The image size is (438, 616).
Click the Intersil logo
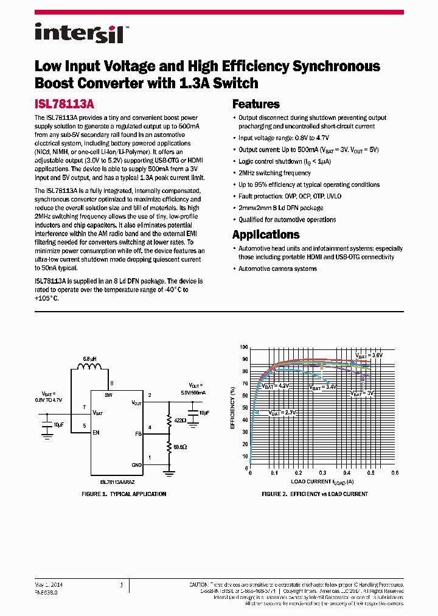[x=79, y=32]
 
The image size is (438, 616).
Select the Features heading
[x=255, y=104]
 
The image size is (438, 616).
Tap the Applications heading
[x=266, y=234]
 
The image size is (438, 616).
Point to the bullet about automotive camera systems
[x=277, y=268]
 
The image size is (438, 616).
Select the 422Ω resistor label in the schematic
[x=181, y=420]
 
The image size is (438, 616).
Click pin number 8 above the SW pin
[x=111, y=383]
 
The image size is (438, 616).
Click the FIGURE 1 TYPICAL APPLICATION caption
[x=123, y=494]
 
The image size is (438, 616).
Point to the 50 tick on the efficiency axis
[x=244, y=408]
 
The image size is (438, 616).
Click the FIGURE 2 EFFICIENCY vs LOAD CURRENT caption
[x=315, y=494]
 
